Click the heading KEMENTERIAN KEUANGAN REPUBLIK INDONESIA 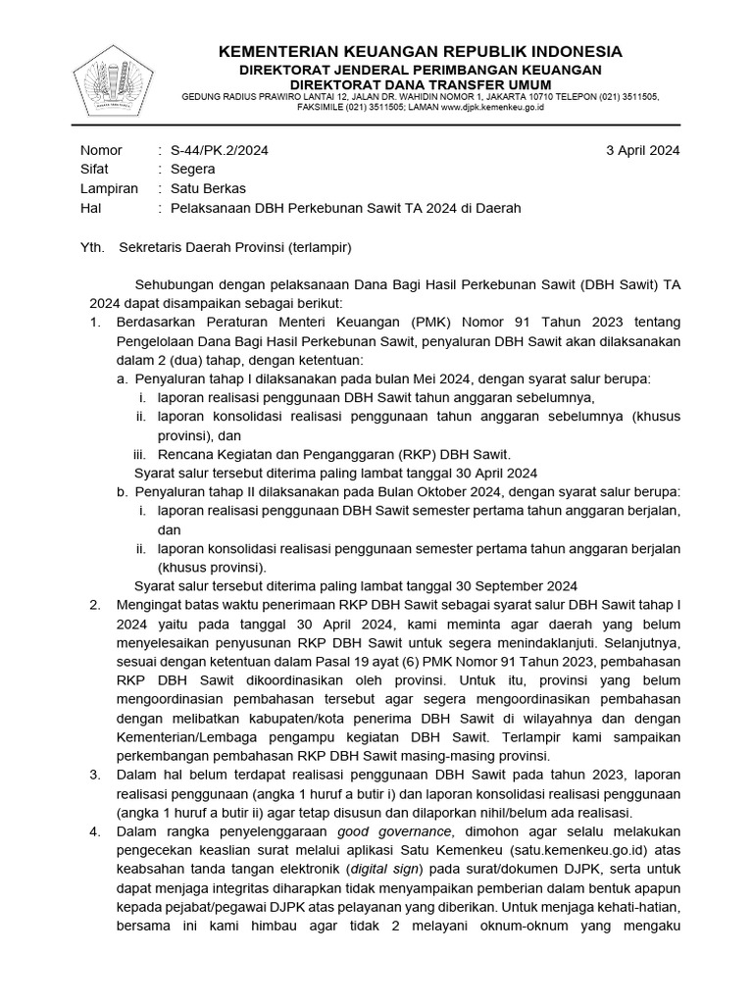pyautogui.click(x=420, y=51)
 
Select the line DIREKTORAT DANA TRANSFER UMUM pyautogui.click(x=420, y=84)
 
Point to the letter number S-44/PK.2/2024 pyautogui.click(x=220, y=150)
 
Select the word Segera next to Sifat pyautogui.click(x=193, y=169)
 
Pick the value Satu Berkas pyautogui.click(x=208, y=188)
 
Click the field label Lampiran pyautogui.click(x=109, y=188)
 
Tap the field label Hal pyautogui.click(x=89, y=208)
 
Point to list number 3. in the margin pyautogui.click(x=95, y=775)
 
